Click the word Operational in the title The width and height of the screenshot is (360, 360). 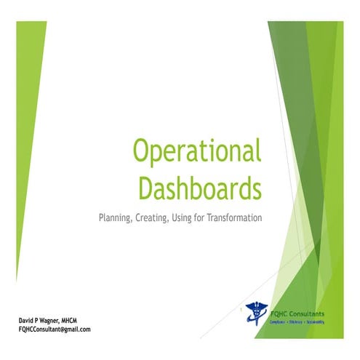[195, 152]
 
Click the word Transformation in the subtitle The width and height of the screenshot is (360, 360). [233, 217]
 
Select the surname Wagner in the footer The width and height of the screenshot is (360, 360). [56, 320]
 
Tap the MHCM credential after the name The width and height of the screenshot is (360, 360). [81, 320]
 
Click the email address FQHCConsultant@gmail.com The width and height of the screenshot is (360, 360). [55, 329]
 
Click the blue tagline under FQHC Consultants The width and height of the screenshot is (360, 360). [297, 321]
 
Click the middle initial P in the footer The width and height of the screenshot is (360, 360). [41, 320]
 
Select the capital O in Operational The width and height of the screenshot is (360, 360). [140, 152]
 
